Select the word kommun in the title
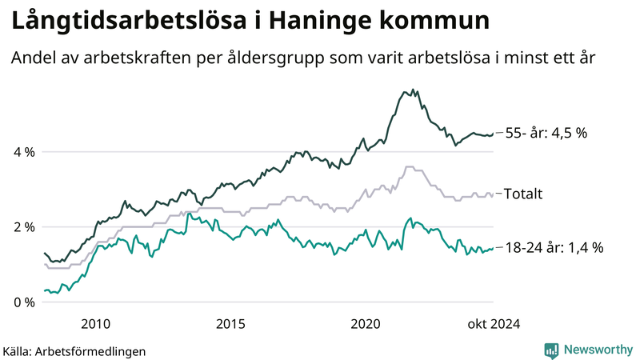(438, 22)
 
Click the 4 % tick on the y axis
(24, 152)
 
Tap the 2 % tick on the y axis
(24, 227)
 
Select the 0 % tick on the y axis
(24, 302)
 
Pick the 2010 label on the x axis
(95, 324)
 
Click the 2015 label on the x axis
(230, 324)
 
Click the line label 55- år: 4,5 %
(546, 133)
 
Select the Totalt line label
(524, 194)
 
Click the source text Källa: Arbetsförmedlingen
(63, 351)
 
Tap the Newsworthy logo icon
(551, 350)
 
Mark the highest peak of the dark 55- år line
(413, 90)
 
